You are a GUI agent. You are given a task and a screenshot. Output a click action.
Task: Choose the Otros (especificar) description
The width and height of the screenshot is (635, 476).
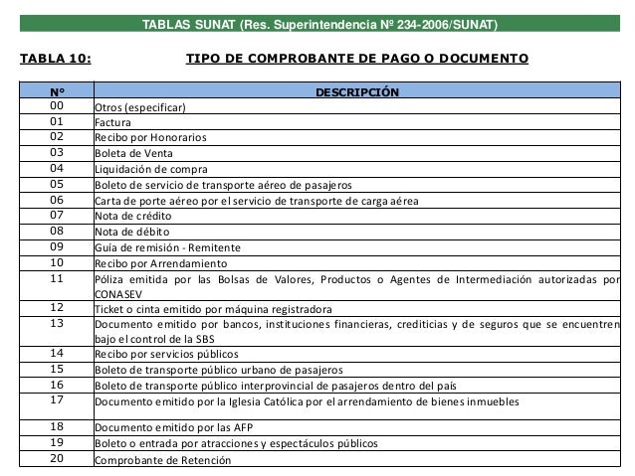[140, 107]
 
